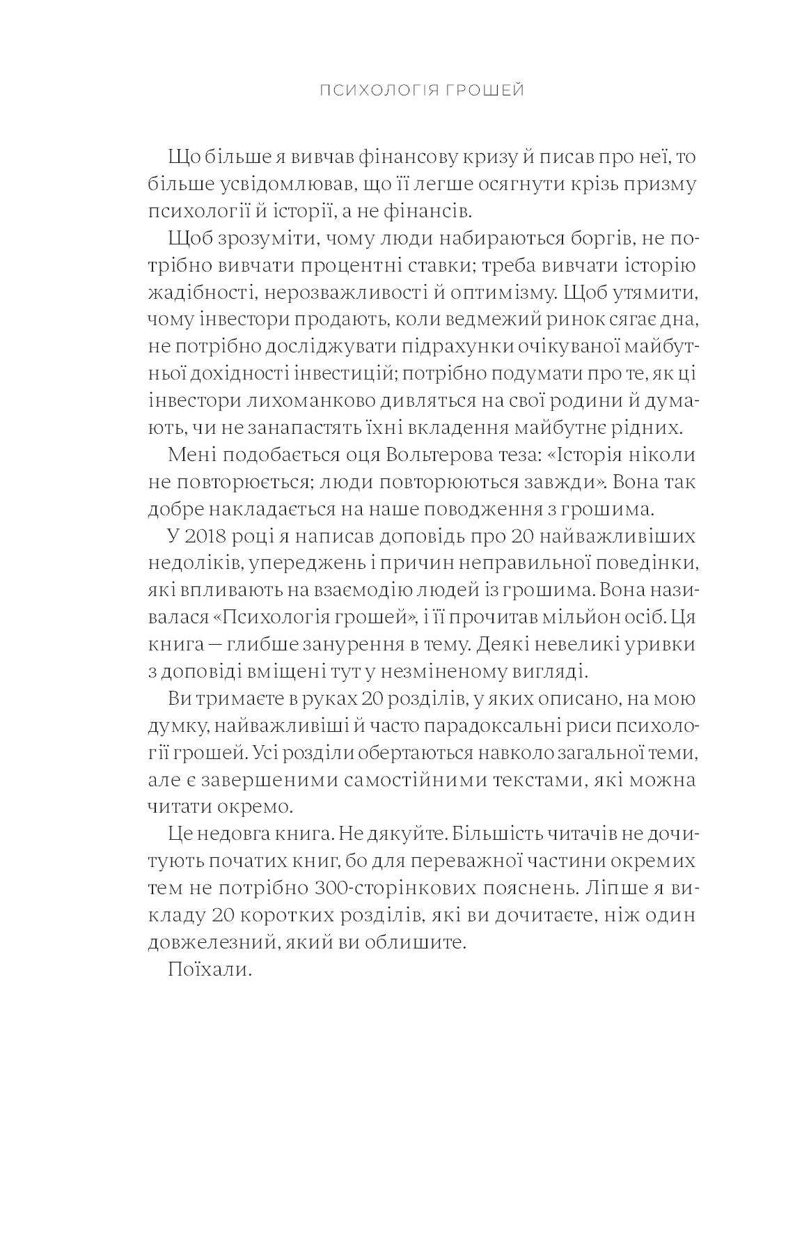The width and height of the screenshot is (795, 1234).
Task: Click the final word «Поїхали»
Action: tap(209, 970)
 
